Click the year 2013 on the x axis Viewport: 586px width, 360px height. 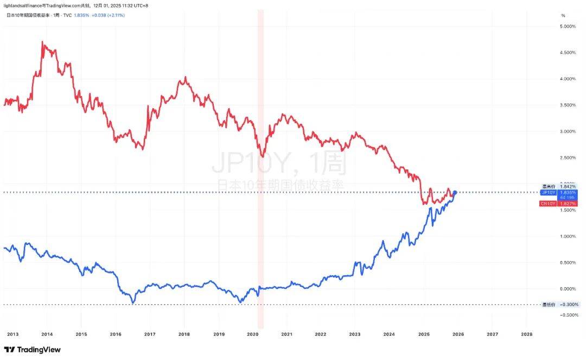tap(12, 334)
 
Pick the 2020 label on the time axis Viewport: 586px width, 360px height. tap(252, 334)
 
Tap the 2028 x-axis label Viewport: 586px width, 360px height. tap(526, 334)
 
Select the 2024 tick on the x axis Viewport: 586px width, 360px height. tap(389, 334)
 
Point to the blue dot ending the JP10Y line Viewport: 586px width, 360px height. tap(455, 193)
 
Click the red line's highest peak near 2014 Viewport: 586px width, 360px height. tap(42, 41)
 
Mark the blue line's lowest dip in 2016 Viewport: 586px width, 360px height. tap(133, 302)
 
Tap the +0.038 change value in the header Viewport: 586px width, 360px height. tap(99, 15)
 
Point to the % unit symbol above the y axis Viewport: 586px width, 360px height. tap(563, 15)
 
